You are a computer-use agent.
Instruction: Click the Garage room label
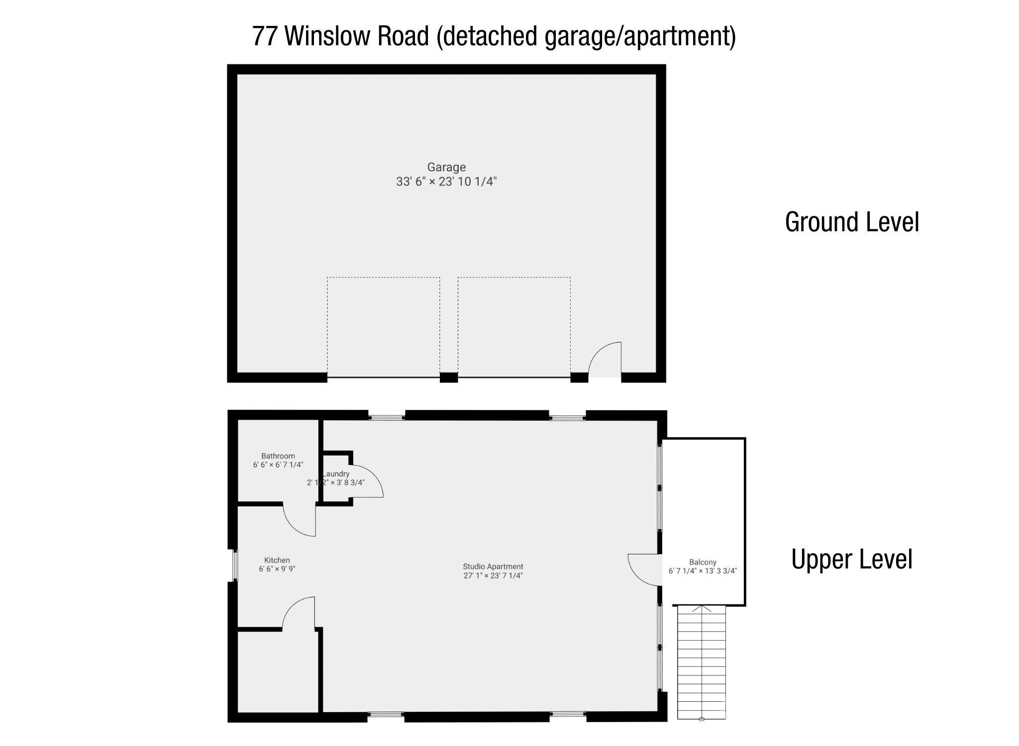446,167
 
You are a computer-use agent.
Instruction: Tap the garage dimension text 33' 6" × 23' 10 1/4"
446,182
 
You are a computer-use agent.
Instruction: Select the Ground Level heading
851,222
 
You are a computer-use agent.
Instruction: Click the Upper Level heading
851,559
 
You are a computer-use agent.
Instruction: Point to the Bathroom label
278,456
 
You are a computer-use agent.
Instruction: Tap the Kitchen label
277,560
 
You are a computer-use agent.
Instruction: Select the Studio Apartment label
493,566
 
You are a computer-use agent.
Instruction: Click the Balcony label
703,562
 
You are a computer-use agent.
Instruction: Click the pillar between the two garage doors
449,377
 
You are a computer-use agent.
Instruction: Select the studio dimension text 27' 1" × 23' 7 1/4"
493,576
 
